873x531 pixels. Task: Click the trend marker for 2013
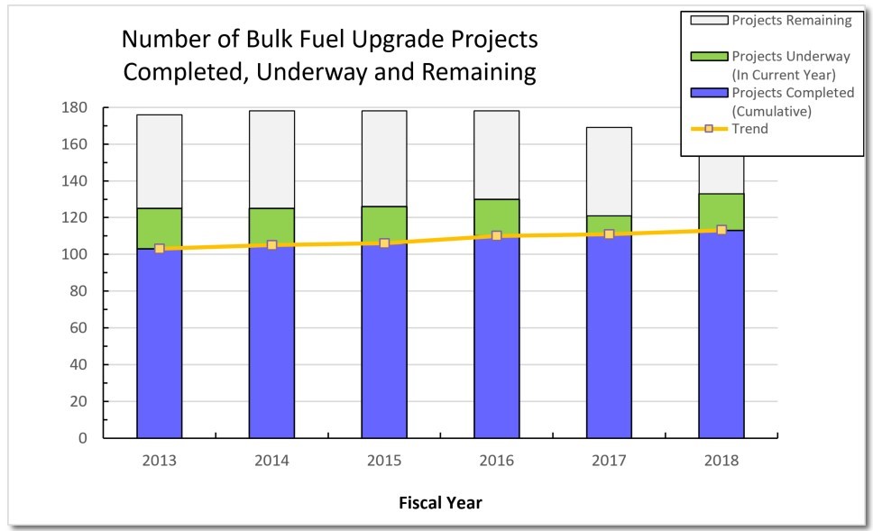[x=160, y=249]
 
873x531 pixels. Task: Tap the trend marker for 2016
[x=497, y=235]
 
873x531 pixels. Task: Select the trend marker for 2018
[x=721, y=230]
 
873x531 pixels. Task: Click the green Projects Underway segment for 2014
[x=271, y=225]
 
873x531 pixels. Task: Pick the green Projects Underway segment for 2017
[x=609, y=224]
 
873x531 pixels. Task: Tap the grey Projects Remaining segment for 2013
[x=160, y=161]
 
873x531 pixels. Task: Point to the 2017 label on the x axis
[x=609, y=461]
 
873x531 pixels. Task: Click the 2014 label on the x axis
[x=271, y=461]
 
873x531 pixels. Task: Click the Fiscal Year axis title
[x=440, y=503]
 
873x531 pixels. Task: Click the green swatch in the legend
[x=707, y=57]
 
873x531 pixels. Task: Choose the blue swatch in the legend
[x=707, y=93]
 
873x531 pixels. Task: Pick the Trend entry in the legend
[x=750, y=129]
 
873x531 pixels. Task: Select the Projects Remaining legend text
[x=792, y=20]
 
